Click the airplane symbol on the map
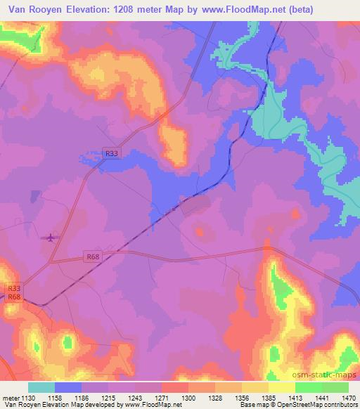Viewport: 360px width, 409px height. pos(50,237)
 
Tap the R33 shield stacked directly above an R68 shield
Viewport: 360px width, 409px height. pos(14,288)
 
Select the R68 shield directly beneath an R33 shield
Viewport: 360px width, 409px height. pos(14,297)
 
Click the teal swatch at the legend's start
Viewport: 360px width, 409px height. pos(41,387)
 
